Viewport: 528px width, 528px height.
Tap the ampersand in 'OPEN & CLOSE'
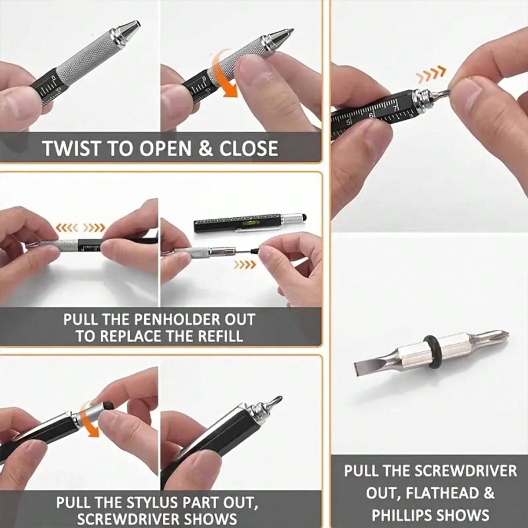click(205, 148)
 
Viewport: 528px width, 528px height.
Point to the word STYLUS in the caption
click(149, 502)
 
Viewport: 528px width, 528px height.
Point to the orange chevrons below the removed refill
click(245, 264)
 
